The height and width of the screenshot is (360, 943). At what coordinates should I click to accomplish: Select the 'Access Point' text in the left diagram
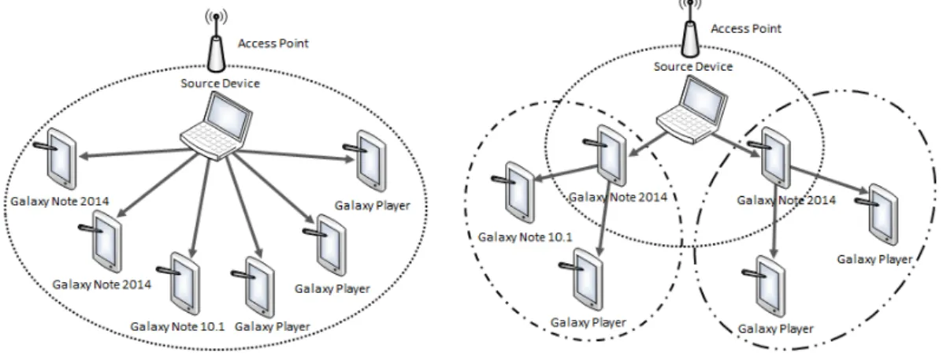coord(273,44)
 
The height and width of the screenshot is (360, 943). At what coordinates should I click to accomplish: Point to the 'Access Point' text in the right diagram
coord(746,29)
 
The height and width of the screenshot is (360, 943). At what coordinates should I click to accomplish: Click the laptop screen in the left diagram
coord(228,117)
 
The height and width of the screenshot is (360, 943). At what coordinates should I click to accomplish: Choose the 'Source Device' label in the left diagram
coord(220,83)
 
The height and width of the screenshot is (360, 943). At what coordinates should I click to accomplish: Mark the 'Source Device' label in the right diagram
coord(693,66)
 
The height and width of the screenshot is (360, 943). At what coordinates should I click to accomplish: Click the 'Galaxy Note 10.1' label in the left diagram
coord(176,326)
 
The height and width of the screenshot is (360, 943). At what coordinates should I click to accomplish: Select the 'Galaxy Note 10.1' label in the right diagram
coord(525,237)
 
